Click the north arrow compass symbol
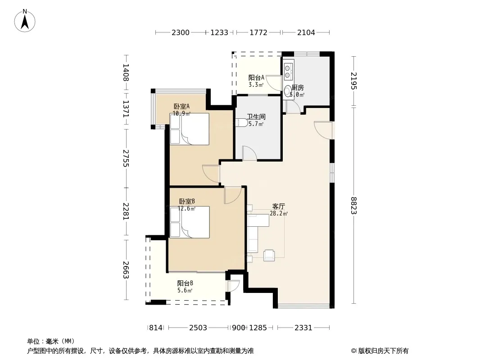(25, 21)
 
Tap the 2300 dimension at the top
(180, 32)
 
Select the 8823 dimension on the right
(353, 205)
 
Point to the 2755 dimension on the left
(126, 158)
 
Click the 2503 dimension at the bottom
(198, 328)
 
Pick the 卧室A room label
(182, 107)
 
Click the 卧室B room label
(187, 201)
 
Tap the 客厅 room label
(279, 207)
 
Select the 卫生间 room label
(256, 117)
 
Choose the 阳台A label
(256, 78)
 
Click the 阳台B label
(185, 283)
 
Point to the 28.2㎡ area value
(279, 213)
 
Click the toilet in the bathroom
(242, 123)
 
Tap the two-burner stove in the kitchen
(288, 72)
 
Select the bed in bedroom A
(190, 129)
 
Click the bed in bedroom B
(190, 222)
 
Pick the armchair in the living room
(269, 256)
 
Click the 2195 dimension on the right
(353, 81)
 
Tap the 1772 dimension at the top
(258, 32)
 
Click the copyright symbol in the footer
(354, 351)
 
